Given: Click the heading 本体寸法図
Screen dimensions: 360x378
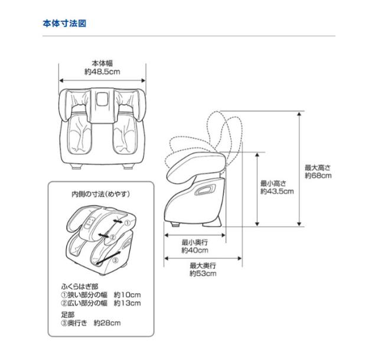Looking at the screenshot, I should point(64,24).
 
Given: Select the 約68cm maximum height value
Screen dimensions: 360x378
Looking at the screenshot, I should point(318,175).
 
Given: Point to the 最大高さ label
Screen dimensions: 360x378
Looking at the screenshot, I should point(318,167).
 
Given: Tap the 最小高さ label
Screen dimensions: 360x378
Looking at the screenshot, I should point(273,183).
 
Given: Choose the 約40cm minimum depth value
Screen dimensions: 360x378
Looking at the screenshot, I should point(194,250).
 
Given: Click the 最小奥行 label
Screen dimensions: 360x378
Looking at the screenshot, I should point(194,242).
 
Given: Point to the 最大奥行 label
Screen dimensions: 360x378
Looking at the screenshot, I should point(203,265).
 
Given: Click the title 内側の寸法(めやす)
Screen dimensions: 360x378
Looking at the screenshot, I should point(100,194).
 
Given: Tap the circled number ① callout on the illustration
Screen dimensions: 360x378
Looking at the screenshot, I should point(126,223).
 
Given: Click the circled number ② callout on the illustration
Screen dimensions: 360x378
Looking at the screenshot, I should point(113,238).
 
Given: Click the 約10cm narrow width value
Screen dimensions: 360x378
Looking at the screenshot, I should point(127,294).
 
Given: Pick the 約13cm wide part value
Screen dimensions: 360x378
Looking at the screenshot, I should point(127,303).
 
